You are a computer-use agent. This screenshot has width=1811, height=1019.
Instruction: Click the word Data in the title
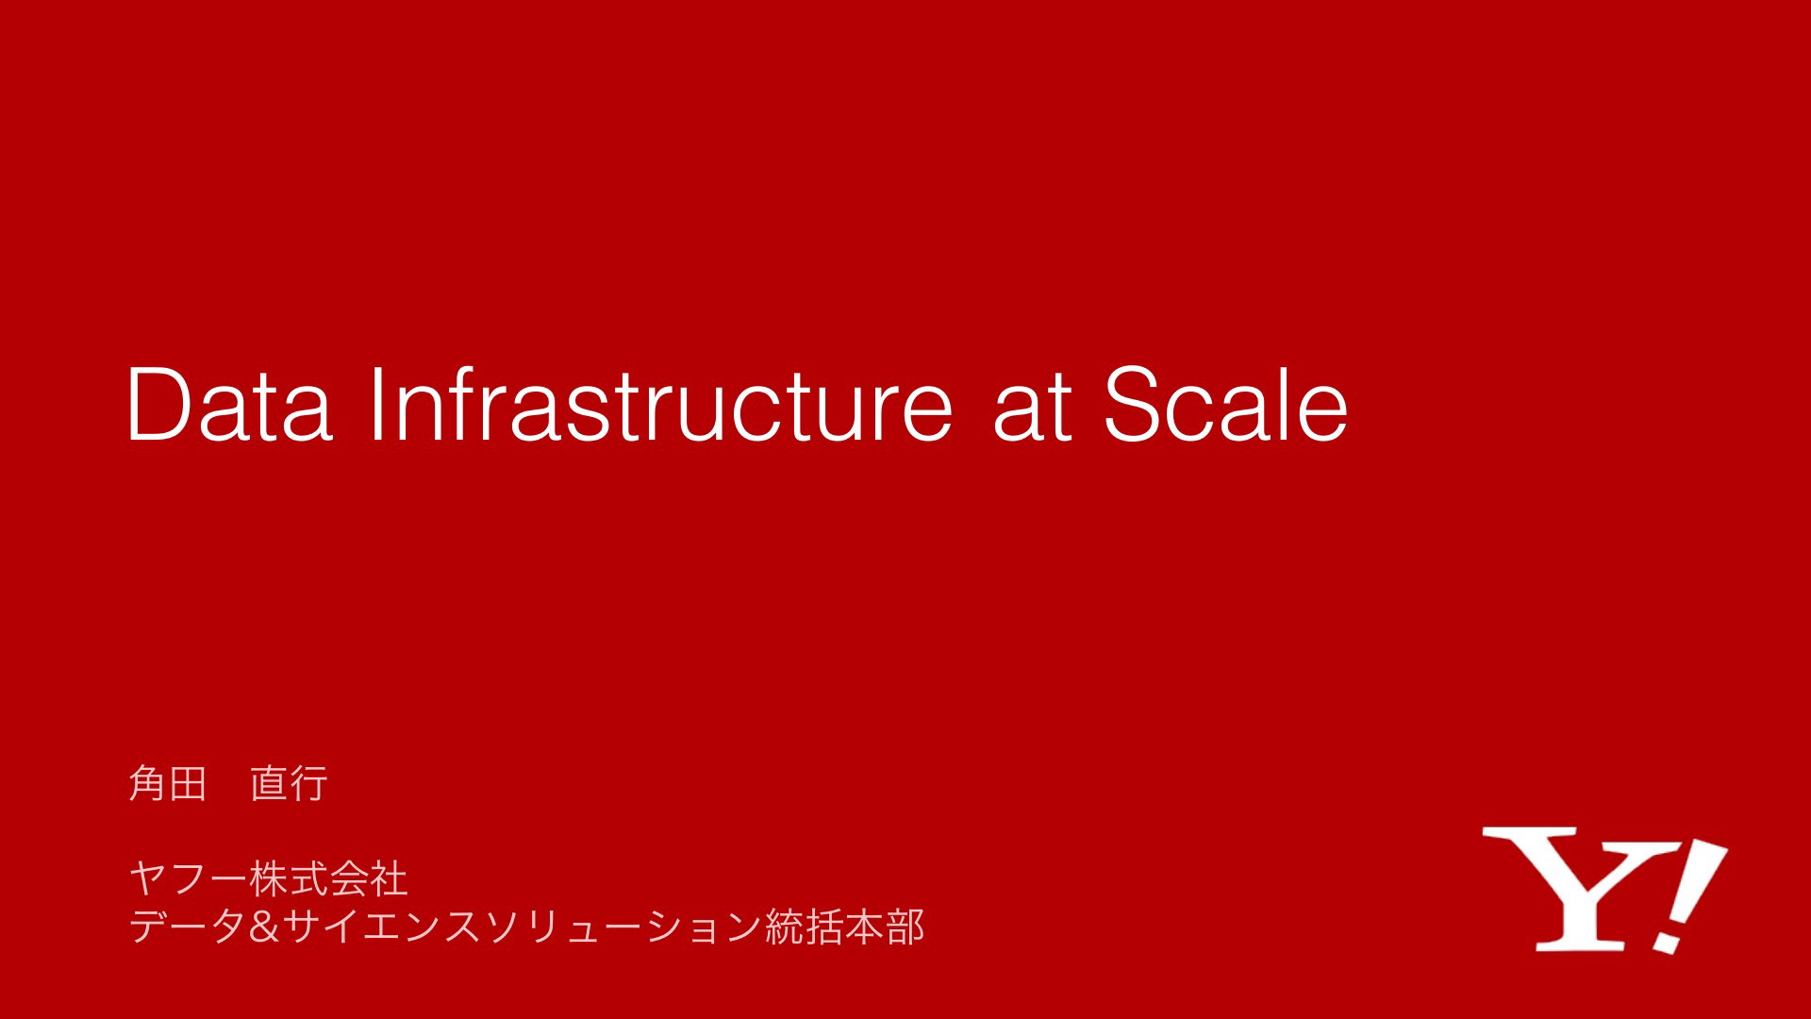pyautogui.click(x=229, y=405)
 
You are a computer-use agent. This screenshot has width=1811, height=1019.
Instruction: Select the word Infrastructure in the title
pyautogui.click(x=661, y=403)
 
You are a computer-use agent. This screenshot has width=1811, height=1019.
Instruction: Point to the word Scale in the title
pyautogui.click(x=1226, y=403)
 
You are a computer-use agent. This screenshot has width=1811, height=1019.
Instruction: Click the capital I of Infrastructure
pyautogui.click(x=377, y=404)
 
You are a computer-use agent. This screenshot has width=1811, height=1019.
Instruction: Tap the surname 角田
pyautogui.click(x=167, y=783)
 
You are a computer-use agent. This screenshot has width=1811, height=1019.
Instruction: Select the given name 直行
pyautogui.click(x=289, y=783)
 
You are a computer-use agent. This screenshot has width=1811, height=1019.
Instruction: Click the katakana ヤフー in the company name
pyautogui.click(x=188, y=879)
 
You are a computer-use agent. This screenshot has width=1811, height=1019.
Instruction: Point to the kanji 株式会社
pyautogui.click(x=328, y=879)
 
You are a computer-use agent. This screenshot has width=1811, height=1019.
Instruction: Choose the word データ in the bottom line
pyautogui.click(x=188, y=927)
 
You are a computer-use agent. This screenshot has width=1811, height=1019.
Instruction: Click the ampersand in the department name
pyautogui.click(x=264, y=927)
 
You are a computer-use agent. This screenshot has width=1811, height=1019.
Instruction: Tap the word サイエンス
pyautogui.click(x=382, y=927)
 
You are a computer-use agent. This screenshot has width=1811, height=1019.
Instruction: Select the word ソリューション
pyautogui.click(x=623, y=927)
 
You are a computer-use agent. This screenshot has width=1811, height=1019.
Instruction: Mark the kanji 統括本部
pyautogui.click(x=844, y=927)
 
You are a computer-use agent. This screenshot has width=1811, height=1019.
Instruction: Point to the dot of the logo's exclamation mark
pyautogui.click(x=1669, y=941)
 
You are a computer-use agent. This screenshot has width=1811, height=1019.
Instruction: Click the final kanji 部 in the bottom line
pyautogui.click(x=905, y=927)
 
